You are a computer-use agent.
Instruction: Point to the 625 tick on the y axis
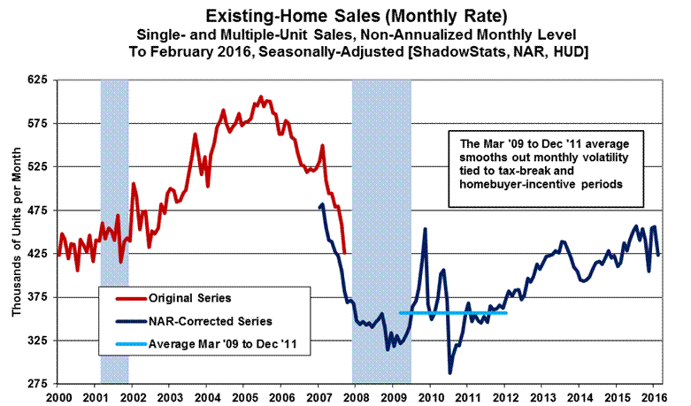(37, 80)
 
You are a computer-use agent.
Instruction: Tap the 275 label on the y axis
(37, 384)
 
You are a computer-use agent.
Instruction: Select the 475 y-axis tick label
(37, 211)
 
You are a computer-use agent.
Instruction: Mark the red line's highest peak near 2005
(260, 96)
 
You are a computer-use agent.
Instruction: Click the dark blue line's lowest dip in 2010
(450, 373)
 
